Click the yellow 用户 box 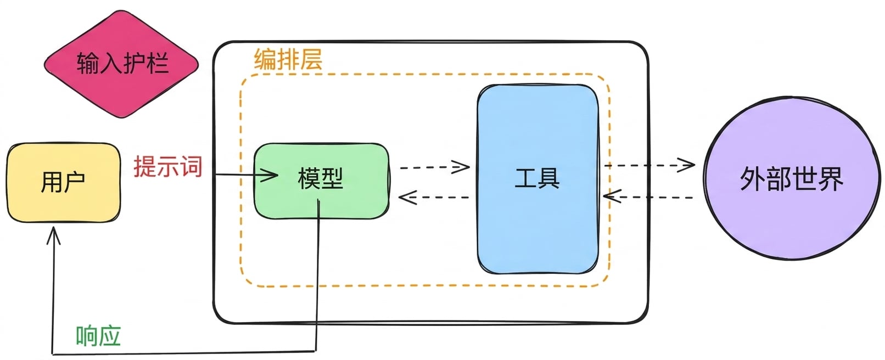[64, 182]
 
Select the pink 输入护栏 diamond [121, 64]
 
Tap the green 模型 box [321, 181]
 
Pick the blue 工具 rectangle [537, 179]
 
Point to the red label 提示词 [168, 166]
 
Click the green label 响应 [98, 336]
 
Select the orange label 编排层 [288, 60]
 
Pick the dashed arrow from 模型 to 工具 [435, 167]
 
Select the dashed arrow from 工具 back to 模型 [434, 197]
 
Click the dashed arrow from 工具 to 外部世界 [650, 165]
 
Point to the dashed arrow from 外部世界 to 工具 [648, 196]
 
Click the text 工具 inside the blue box [537, 178]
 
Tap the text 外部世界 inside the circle [791, 178]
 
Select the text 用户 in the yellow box [63, 182]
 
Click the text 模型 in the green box [321, 178]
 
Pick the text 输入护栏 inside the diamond [123, 63]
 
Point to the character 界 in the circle [831, 178]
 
